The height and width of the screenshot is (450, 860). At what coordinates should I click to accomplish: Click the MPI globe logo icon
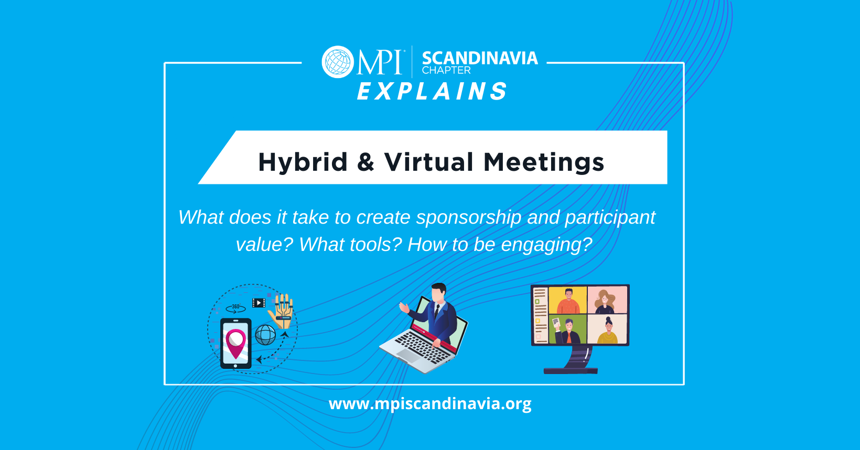tap(338, 62)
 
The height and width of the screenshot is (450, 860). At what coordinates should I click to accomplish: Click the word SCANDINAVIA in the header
tap(480, 58)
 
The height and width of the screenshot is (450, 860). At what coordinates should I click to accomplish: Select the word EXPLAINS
tap(432, 91)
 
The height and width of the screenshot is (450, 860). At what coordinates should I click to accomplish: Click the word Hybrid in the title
tap(303, 162)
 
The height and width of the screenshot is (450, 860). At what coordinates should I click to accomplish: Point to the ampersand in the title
tap(365, 162)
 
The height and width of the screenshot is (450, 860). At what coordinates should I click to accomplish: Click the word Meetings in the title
tap(544, 162)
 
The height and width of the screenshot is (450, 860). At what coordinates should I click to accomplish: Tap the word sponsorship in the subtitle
tap(469, 217)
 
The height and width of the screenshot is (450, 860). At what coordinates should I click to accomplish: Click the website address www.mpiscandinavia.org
tap(430, 403)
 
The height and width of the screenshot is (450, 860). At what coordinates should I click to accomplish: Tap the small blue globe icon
tap(265, 335)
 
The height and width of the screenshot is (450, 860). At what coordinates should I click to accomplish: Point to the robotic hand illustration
tap(282, 311)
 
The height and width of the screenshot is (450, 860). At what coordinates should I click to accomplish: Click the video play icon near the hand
tap(259, 303)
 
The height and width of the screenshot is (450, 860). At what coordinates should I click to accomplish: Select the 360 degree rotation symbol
tap(236, 308)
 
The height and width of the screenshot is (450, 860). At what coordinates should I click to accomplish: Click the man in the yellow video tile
tap(568, 301)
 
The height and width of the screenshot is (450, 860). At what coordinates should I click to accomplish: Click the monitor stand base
tap(571, 371)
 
